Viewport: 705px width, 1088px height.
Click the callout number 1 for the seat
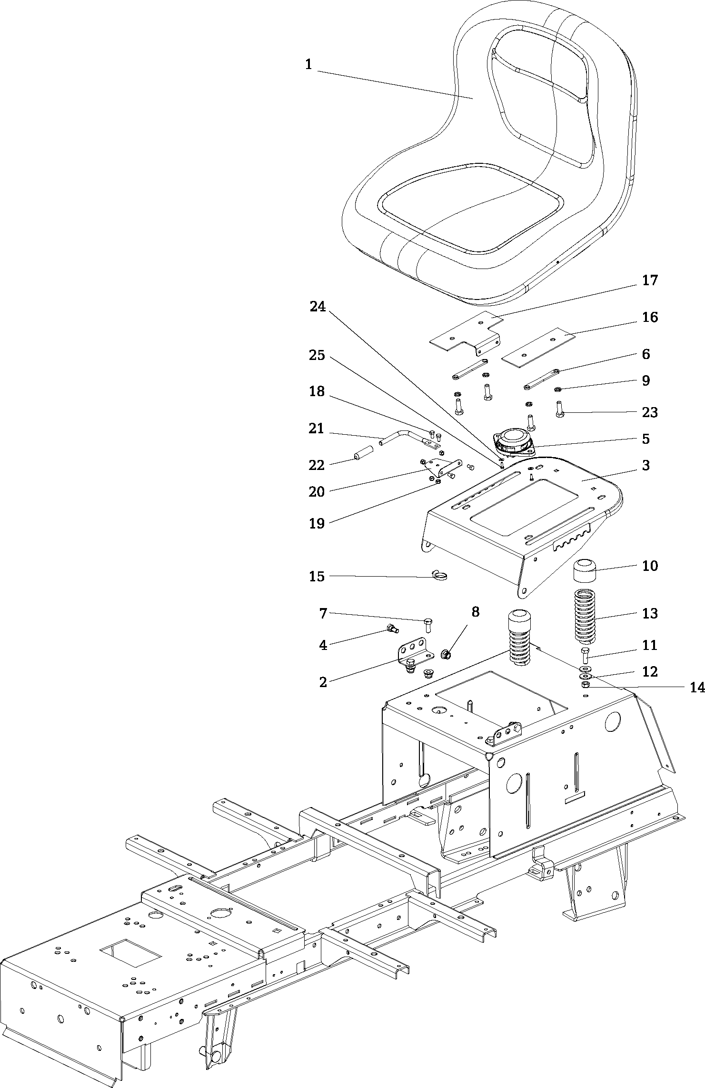coord(308,64)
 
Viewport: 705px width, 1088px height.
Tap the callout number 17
coord(650,280)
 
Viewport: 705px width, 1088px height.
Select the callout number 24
coord(318,307)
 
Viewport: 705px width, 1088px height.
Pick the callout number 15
coord(317,577)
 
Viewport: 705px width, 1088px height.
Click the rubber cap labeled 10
coord(585,571)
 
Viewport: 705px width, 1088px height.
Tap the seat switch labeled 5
coord(513,440)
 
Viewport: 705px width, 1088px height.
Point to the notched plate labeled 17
coord(464,333)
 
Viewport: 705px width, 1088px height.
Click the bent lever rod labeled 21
coord(400,436)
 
